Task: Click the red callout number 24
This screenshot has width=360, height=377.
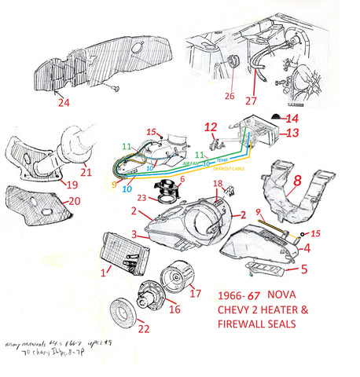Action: pos(62,101)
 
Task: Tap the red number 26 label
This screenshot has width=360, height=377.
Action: pos(230,97)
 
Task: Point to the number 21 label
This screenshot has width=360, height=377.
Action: pos(86,172)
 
